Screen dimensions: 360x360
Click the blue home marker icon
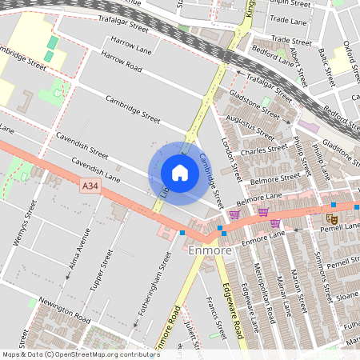tap(180, 173)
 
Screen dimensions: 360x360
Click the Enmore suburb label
tap(211, 251)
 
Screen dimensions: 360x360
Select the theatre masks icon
tap(331, 218)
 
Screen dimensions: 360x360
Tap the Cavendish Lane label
tap(96, 168)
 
